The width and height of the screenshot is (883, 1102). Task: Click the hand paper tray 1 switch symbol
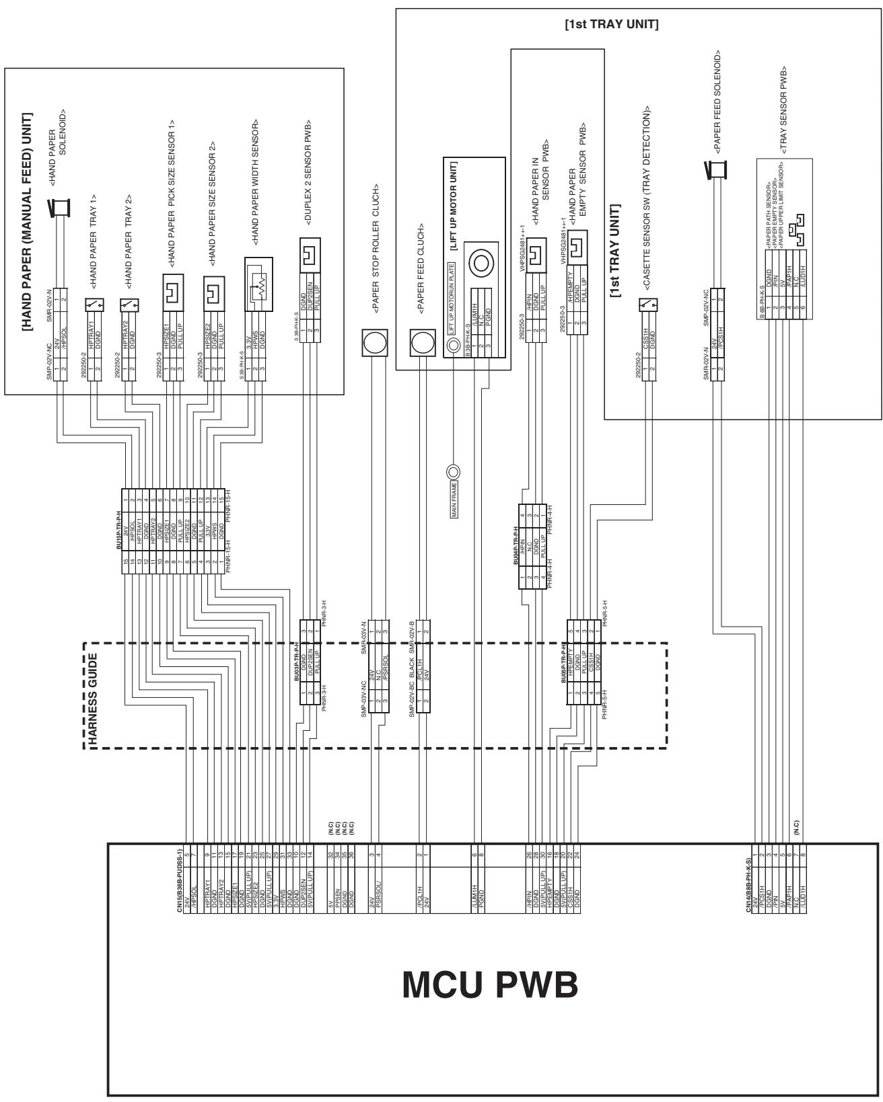point(94,305)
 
